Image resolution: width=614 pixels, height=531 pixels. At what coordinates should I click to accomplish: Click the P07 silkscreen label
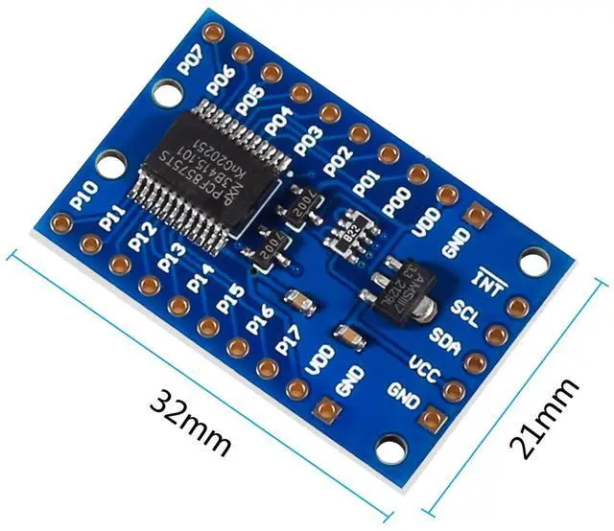pyautogui.click(x=190, y=59)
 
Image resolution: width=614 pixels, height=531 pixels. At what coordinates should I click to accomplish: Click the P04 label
pyautogui.click(x=278, y=121)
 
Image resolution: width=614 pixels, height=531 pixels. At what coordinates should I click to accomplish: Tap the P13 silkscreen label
pyautogui.click(x=172, y=257)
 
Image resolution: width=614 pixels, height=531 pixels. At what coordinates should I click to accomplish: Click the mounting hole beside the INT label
pyautogui.click(x=533, y=260)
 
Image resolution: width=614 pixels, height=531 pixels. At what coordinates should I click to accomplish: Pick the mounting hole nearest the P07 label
pyautogui.click(x=169, y=93)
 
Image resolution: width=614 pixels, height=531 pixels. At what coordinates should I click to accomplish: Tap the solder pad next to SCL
pyautogui.click(x=517, y=307)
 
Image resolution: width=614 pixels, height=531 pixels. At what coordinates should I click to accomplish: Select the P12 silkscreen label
pyautogui.click(x=142, y=234)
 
